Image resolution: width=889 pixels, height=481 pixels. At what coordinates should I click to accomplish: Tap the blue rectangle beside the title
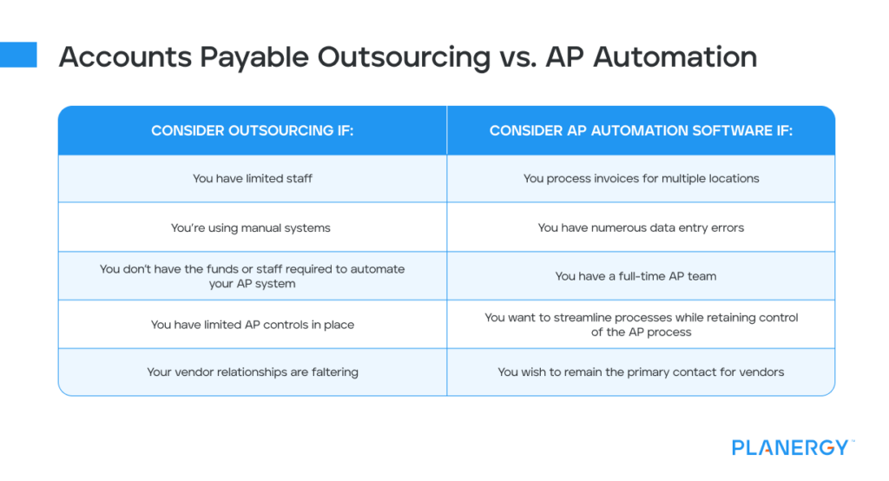pyautogui.click(x=18, y=55)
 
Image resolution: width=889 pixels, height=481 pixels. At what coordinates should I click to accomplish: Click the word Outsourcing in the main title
pyautogui.click(x=404, y=57)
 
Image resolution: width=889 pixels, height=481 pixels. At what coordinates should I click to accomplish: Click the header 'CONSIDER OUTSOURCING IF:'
pyautogui.click(x=252, y=131)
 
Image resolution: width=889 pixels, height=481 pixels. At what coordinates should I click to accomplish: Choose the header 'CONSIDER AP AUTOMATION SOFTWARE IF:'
pyautogui.click(x=641, y=131)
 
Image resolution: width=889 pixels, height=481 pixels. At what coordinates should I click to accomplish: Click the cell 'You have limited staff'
pyautogui.click(x=252, y=179)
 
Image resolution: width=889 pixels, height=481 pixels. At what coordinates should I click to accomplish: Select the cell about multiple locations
pyautogui.click(x=641, y=179)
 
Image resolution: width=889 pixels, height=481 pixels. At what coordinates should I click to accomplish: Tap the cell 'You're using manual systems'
pyautogui.click(x=252, y=227)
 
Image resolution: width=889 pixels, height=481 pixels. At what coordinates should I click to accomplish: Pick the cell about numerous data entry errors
pyautogui.click(x=641, y=227)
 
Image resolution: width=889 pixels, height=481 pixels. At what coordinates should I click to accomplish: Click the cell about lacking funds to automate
pyautogui.click(x=252, y=276)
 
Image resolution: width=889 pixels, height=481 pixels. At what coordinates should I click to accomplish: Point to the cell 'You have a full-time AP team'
pyautogui.click(x=641, y=276)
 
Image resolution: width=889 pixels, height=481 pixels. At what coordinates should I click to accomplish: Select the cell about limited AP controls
pyautogui.click(x=252, y=325)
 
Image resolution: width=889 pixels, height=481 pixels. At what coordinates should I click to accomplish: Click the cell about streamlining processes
pyautogui.click(x=641, y=325)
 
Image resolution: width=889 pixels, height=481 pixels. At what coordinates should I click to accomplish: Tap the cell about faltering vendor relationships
pyautogui.click(x=252, y=372)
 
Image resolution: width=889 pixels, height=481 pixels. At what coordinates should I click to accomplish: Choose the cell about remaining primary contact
pyautogui.click(x=641, y=372)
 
